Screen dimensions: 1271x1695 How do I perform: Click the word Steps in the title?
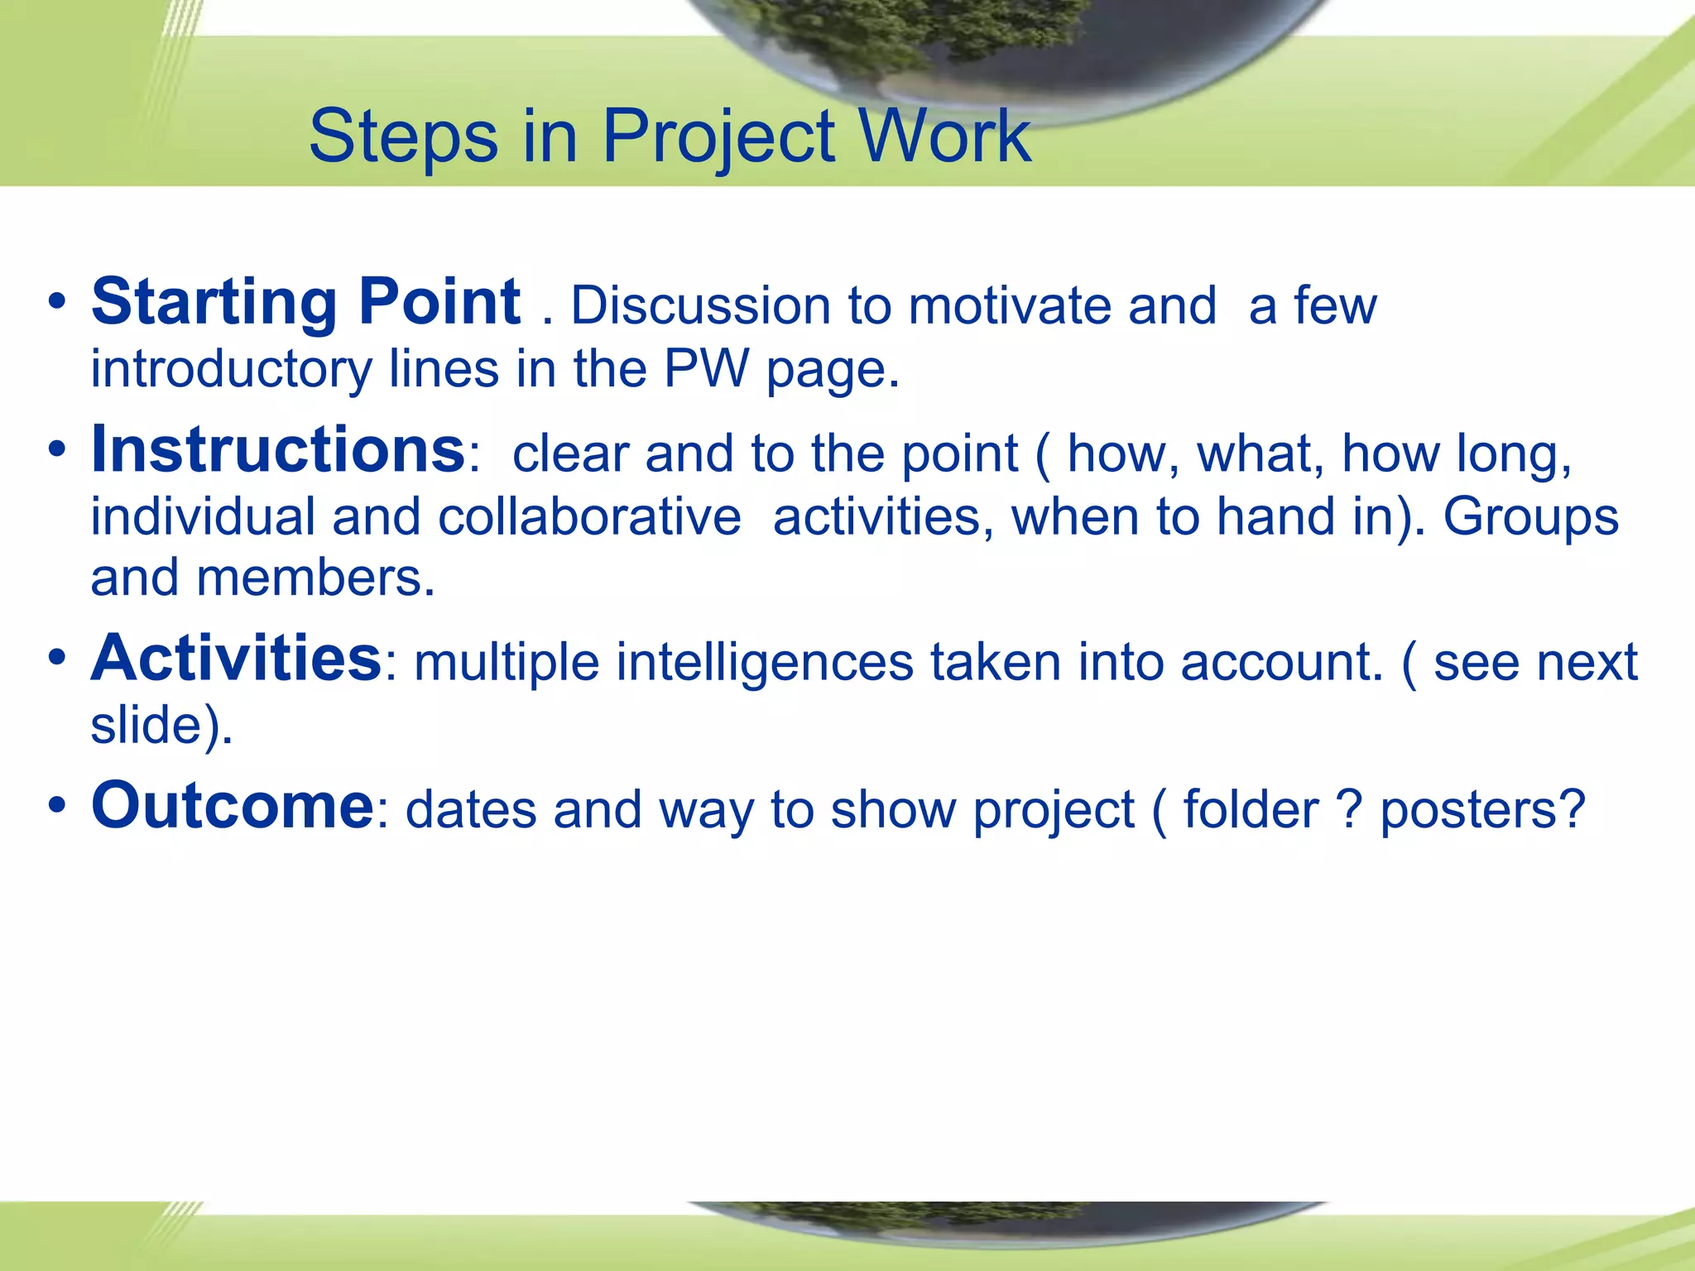[x=403, y=137]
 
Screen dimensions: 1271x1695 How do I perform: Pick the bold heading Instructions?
[x=278, y=450]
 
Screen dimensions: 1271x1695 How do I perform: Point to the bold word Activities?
[x=236, y=659]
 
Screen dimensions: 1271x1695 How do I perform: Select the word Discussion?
[x=700, y=306]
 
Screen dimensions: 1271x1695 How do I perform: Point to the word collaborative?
[x=588, y=517]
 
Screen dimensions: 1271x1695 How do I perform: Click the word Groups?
[x=1530, y=517]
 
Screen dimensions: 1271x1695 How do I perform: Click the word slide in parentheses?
[x=146, y=725]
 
